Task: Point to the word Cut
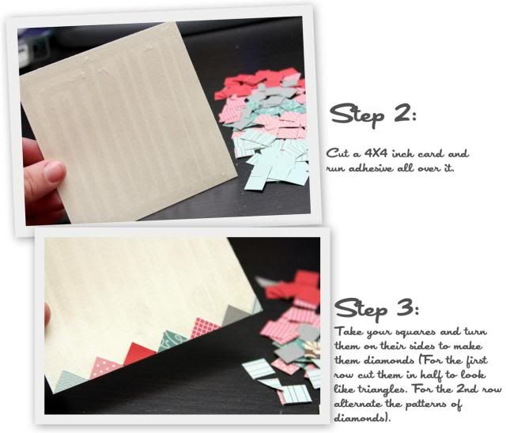pyautogui.click(x=338, y=152)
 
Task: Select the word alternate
pyautogui.click(x=357, y=403)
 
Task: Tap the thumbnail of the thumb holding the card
pyautogui.click(x=55, y=171)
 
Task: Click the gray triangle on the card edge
pyautogui.click(x=236, y=315)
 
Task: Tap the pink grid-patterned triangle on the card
pyautogui.click(x=206, y=328)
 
